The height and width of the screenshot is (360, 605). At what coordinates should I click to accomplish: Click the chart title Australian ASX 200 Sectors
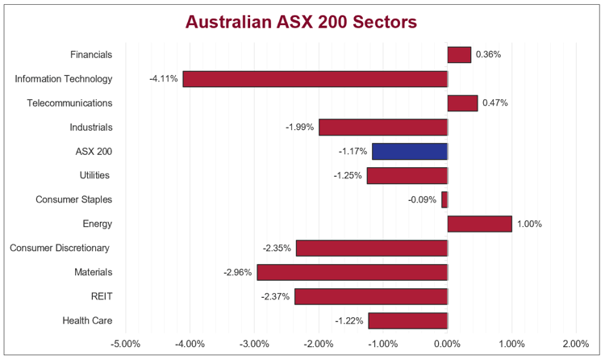click(302, 22)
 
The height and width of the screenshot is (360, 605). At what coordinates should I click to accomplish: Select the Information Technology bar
click(315, 79)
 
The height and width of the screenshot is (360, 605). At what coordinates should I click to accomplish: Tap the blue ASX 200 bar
click(410, 151)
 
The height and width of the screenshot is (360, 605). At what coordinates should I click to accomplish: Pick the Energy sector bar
click(479, 224)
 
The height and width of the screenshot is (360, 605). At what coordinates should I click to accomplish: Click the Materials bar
click(352, 272)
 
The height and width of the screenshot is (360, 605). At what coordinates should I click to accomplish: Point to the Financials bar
click(459, 55)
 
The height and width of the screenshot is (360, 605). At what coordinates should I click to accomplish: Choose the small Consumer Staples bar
click(444, 199)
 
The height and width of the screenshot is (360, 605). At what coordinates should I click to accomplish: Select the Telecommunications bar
click(462, 103)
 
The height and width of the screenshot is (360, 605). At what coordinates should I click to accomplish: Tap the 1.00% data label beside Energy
click(529, 224)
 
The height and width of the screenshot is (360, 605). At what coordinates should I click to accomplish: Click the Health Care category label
click(87, 320)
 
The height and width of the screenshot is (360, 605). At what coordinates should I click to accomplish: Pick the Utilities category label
click(95, 175)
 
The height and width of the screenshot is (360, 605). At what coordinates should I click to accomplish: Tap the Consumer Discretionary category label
click(60, 248)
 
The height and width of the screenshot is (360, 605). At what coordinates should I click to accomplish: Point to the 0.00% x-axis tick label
click(448, 344)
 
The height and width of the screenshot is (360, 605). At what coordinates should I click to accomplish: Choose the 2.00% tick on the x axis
click(575, 344)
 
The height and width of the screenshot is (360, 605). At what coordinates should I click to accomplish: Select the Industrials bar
click(383, 128)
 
